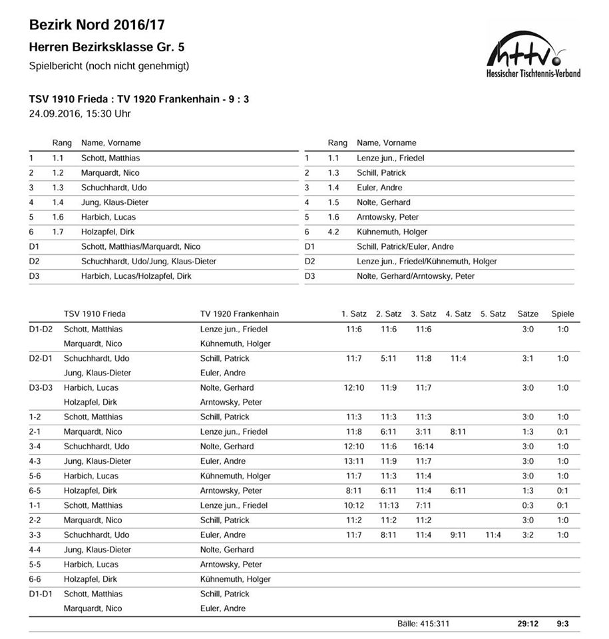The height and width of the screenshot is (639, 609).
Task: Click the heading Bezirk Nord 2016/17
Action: [x=97, y=25]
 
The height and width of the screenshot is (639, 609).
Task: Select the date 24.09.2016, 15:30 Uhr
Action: [x=80, y=113]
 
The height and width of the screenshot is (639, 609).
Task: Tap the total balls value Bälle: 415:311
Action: [x=426, y=624]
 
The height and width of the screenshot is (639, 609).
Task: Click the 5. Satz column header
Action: [x=493, y=314]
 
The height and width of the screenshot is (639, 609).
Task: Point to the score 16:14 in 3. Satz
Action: [x=423, y=446]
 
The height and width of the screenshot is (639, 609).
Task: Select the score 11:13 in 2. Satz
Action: [x=389, y=505]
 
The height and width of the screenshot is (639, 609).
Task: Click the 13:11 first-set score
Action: [x=354, y=461]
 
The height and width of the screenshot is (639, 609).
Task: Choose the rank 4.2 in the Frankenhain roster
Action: [x=333, y=232]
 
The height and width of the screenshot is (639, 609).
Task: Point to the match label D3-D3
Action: [x=41, y=387]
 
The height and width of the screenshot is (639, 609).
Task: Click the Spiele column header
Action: [x=562, y=314]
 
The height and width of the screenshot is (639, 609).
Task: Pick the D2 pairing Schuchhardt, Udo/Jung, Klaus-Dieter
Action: [x=148, y=261]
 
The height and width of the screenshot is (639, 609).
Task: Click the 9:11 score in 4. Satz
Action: [x=458, y=534]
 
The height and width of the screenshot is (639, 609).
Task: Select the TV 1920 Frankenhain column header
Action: [x=239, y=314]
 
